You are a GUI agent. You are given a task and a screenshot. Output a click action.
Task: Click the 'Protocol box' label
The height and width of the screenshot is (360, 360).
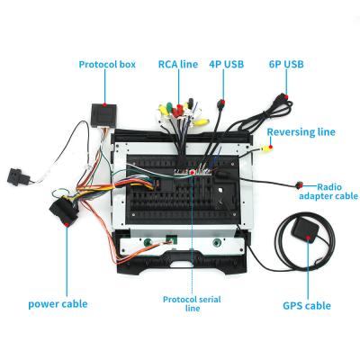(107, 64)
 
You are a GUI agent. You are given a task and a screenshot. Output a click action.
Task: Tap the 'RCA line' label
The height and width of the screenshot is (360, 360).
(178, 64)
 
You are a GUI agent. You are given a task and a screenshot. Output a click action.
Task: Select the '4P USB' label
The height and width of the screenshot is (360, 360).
(227, 64)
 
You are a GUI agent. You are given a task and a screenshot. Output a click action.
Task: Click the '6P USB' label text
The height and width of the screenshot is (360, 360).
(286, 64)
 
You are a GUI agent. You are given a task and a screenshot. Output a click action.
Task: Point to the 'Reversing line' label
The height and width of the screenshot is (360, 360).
(301, 132)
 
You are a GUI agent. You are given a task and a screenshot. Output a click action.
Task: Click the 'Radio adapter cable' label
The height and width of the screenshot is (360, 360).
(328, 192)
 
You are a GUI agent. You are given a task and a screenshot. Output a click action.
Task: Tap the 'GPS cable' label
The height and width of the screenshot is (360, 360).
(307, 306)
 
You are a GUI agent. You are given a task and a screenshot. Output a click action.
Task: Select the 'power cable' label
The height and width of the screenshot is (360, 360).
(58, 304)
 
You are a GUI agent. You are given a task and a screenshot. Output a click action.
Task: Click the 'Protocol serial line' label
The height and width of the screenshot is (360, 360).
(192, 303)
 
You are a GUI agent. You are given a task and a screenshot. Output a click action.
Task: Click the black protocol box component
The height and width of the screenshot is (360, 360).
(103, 115)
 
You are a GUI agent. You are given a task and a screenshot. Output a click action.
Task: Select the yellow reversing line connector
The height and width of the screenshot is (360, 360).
(266, 148)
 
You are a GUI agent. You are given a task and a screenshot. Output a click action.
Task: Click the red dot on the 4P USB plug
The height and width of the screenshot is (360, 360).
(222, 102)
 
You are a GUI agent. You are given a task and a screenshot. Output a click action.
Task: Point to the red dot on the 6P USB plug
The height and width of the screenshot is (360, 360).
(286, 96)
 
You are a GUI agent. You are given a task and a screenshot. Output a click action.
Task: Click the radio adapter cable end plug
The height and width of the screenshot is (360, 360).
(299, 185)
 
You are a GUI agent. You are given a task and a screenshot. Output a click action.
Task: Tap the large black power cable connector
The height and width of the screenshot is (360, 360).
(64, 208)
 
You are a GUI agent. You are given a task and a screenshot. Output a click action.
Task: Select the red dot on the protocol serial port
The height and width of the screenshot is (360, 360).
(192, 172)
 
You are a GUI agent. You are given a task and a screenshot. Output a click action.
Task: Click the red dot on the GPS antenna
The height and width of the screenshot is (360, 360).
(308, 238)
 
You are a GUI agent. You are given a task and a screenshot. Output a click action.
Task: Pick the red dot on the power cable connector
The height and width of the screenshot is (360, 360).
(67, 224)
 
